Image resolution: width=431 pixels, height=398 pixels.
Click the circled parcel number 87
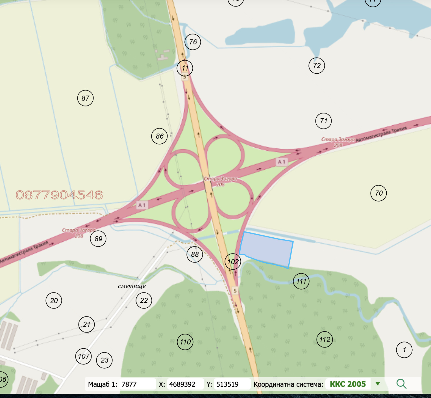85,98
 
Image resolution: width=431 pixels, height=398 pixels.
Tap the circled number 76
193,42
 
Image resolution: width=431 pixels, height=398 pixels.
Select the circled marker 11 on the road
185,68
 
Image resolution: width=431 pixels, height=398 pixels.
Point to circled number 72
317,65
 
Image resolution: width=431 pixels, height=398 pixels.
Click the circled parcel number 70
378,193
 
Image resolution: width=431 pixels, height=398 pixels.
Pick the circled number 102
233,262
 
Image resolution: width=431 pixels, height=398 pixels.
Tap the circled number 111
301,281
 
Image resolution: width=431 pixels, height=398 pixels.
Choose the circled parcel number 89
98,239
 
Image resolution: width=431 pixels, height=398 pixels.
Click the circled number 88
195,254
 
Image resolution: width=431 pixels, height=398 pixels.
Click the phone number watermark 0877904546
59,195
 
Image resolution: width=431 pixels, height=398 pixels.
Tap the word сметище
132,286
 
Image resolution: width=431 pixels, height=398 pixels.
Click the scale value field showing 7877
137,384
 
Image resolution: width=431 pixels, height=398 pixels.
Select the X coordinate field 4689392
185,384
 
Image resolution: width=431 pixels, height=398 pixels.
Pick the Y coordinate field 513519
232,384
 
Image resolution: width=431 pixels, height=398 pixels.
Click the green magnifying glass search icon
401,384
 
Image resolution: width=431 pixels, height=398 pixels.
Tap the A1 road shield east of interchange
282,162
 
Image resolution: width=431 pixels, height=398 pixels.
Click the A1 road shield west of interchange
142,205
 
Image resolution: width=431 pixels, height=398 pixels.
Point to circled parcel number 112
325,339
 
